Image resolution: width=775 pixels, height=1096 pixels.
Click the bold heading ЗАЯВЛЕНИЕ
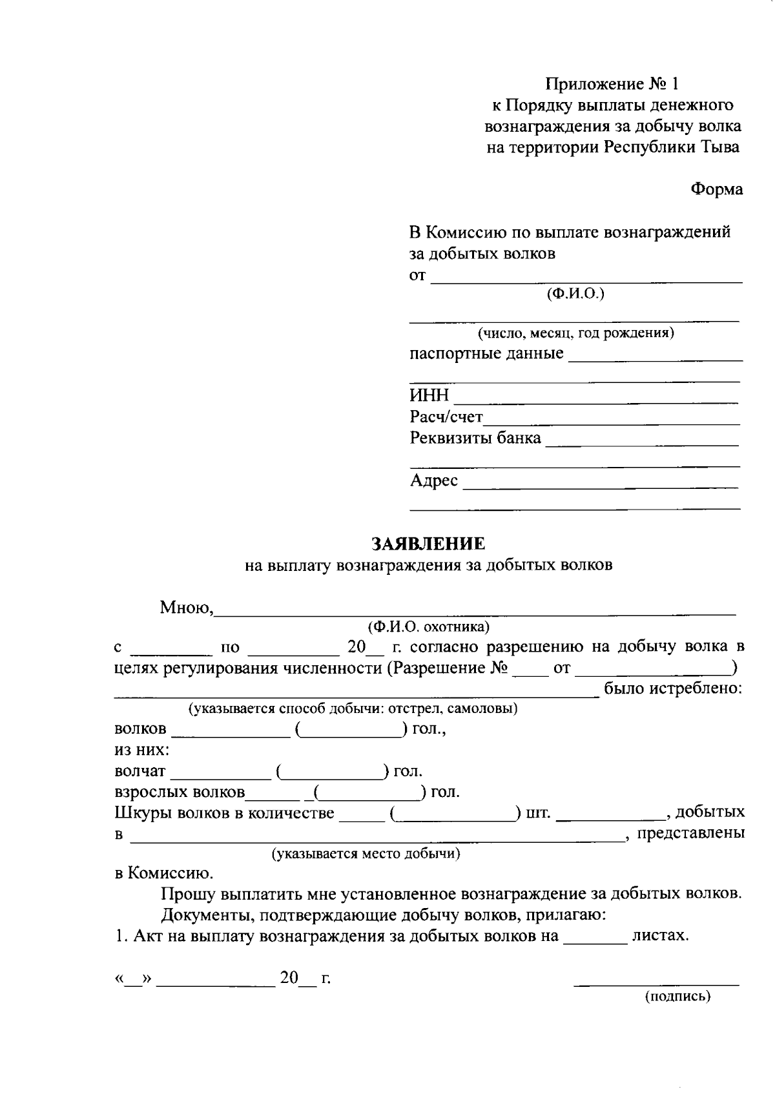[428, 543]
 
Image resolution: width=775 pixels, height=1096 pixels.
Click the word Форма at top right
[716, 189]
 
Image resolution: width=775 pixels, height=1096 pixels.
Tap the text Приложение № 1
[612, 84]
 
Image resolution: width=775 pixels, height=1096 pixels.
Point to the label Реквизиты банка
[475, 438]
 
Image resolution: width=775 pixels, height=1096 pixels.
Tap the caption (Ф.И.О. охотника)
[428, 626]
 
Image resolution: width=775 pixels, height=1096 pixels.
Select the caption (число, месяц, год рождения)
[575, 333]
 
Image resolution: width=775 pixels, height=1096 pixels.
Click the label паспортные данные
[486, 354]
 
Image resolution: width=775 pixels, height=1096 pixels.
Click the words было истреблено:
[673, 688]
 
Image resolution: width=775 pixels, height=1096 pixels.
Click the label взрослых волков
[180, 792]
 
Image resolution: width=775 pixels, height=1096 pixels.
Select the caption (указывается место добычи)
[366, 854]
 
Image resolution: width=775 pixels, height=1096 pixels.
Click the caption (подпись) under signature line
[677, 997]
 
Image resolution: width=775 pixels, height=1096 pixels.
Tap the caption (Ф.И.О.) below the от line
[575, 294]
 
